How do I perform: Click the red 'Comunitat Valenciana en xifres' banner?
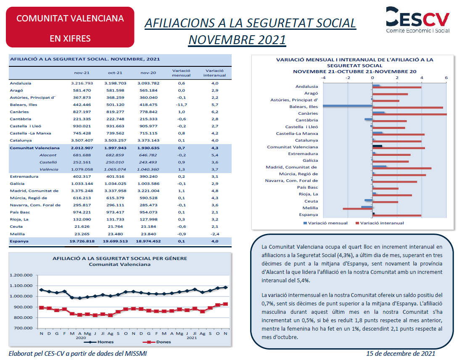[70, 27]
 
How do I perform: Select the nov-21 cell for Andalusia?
[82, 83]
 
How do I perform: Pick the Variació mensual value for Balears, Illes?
[181, 105]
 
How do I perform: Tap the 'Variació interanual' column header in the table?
[214, 73]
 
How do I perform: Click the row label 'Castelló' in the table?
[48, 162]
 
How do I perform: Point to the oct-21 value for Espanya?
[115, 241]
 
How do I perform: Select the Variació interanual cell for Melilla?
[215, 234]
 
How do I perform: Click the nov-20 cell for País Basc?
[148, 212]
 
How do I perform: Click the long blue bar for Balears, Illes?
[348, 106]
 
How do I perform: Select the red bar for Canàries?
[409, 114]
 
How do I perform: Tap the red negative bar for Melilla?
[358, 209]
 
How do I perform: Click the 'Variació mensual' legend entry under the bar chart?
[325, 223]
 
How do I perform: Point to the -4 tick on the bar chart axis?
[323, 78]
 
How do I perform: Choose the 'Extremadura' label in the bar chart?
[303, 154]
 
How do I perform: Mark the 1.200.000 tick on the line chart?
[21, 275]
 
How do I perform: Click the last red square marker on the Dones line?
[225, 304]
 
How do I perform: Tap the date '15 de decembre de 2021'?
[401, 354]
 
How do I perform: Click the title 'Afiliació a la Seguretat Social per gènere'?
[120, 258]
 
